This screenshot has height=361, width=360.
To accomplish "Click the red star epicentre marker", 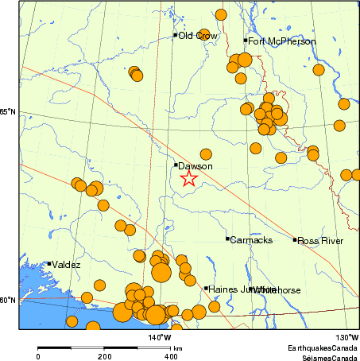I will (x=188, y=178).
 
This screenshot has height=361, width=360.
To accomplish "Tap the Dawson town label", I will (x=195, y=166).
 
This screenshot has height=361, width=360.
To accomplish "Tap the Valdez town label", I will (x=67, y=265).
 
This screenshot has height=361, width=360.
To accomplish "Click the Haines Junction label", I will (x=230, y=289).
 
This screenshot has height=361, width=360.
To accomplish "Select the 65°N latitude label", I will (x=7, y=112).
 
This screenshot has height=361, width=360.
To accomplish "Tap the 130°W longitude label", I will (x=346, y=337).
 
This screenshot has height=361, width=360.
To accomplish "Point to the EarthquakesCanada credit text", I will (x=322, y=348).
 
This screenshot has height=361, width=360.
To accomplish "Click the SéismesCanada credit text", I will (x=326, y=357).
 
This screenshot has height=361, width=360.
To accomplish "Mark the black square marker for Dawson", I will (x=176, y=165).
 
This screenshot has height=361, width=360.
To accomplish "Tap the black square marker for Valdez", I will (x=48, y=264).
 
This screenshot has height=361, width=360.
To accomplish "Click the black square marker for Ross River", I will (x=295, y=239).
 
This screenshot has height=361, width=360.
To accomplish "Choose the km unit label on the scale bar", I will (x=179, y=348).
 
